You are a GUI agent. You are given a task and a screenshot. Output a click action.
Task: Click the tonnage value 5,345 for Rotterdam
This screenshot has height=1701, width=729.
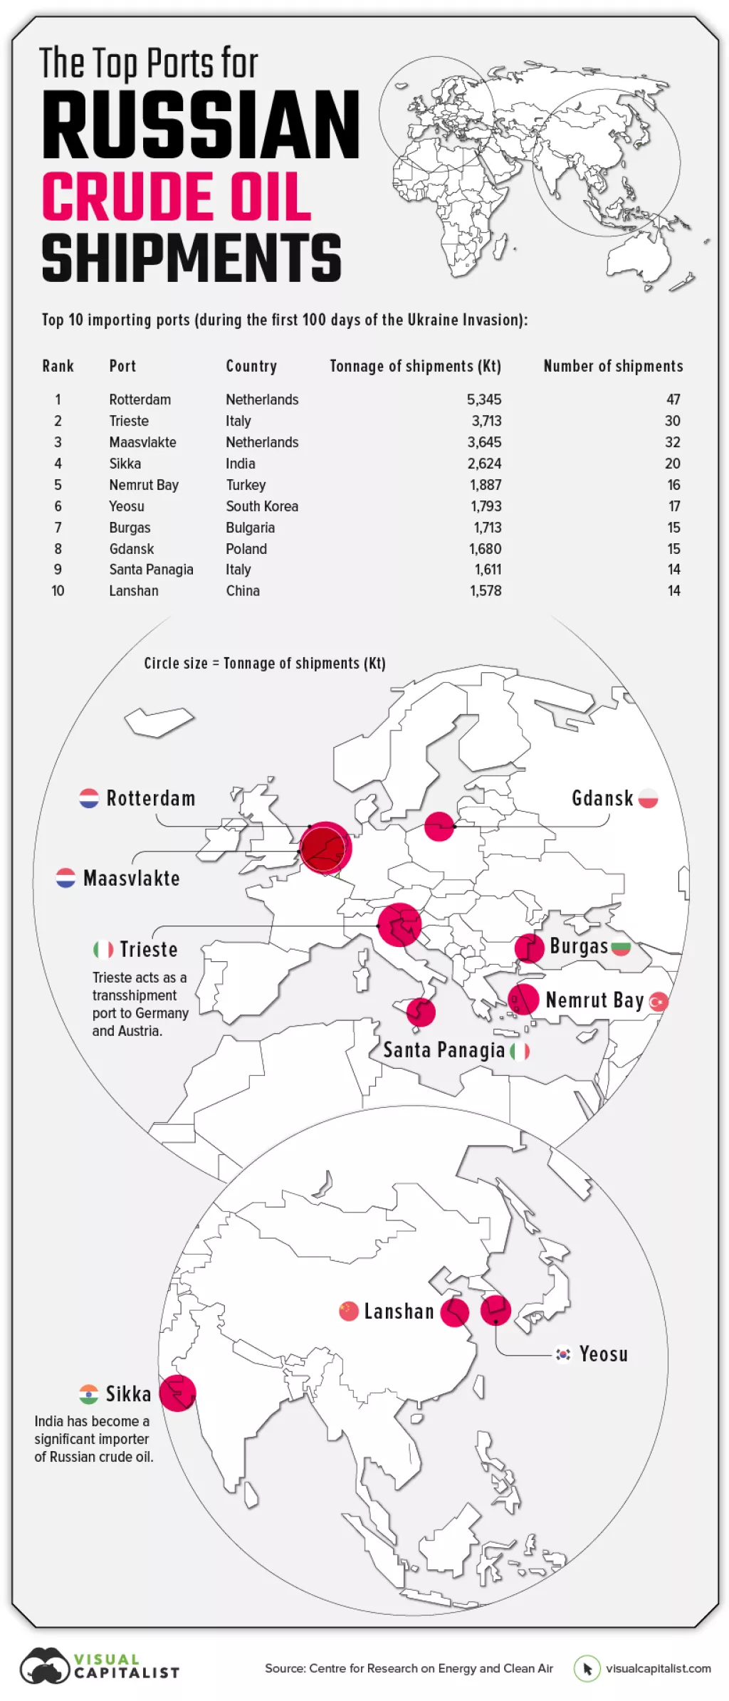(x=484, y=399)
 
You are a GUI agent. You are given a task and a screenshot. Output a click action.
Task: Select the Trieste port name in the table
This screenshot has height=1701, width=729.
(x=129, y=421)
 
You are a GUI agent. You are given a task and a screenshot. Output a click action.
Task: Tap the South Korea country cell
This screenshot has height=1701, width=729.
(x=262, y=506)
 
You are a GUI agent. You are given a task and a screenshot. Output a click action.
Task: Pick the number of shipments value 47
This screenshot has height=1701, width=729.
(x=673, y=399)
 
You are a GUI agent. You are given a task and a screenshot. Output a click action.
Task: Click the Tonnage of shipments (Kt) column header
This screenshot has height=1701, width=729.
(x=415, y=366)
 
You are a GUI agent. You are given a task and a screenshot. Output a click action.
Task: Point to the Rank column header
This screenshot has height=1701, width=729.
(x=58, y=366)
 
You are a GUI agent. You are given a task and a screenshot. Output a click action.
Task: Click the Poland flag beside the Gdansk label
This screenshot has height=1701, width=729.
(x=648, y=798)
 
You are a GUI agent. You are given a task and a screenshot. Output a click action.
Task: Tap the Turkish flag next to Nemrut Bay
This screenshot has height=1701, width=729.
(x=659, y=1002)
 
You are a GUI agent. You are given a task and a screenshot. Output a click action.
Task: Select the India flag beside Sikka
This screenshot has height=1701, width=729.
(x=89, y=1393)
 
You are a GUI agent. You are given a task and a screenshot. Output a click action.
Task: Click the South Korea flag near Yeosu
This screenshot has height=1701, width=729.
(x=563, y=1354)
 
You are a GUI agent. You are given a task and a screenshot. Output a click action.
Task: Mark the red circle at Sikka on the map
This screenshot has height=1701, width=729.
(x=177, y=1393)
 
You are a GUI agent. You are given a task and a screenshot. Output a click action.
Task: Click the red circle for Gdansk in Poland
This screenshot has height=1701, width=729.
(x=439, y=826)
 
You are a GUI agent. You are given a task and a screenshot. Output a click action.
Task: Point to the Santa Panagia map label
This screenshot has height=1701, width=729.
(x=444, y=1050)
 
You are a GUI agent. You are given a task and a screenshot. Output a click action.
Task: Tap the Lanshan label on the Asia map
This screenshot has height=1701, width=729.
(x=399, y=1312)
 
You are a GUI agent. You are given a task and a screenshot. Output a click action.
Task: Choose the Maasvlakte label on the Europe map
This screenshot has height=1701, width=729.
(x=132, y=879)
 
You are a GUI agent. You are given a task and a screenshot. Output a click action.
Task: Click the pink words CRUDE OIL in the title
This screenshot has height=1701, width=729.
(x=177, y=197)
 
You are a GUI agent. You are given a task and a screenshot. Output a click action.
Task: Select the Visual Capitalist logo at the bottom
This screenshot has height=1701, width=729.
(x=100, y=1667)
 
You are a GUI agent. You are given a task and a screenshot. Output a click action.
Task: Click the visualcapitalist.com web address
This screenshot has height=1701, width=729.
(x=658, y=1668)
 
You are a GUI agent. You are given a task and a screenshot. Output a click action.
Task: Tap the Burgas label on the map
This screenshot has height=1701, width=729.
(x=579, y=946)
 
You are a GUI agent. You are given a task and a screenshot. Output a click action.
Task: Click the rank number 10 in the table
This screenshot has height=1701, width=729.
(x=58, y=591)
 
